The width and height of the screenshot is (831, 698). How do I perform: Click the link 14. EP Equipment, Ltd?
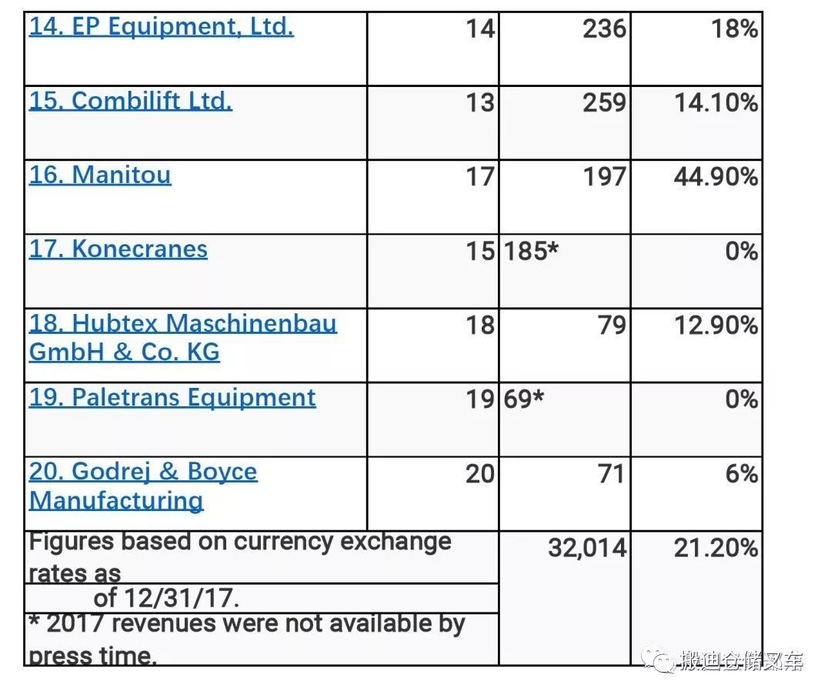161,28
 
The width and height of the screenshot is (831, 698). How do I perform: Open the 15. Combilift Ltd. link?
130,102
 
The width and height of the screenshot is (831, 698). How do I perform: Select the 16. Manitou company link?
100,175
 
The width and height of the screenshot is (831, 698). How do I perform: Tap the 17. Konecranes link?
118,249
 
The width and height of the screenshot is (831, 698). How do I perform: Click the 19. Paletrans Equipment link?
172,398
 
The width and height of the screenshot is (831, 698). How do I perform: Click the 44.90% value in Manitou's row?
716,177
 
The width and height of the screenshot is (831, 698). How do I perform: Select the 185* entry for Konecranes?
531,252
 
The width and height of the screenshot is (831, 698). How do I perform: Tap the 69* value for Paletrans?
523,400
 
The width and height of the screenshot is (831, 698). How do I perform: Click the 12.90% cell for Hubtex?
716,326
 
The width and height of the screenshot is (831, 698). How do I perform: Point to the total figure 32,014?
587,549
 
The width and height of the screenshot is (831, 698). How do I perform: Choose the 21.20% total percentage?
716,549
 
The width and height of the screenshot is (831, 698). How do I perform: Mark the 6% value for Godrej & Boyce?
741,474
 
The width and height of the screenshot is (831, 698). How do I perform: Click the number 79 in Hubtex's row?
612,326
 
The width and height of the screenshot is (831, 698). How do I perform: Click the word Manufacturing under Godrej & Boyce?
116,501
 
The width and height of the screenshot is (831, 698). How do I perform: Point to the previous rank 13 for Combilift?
479,103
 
